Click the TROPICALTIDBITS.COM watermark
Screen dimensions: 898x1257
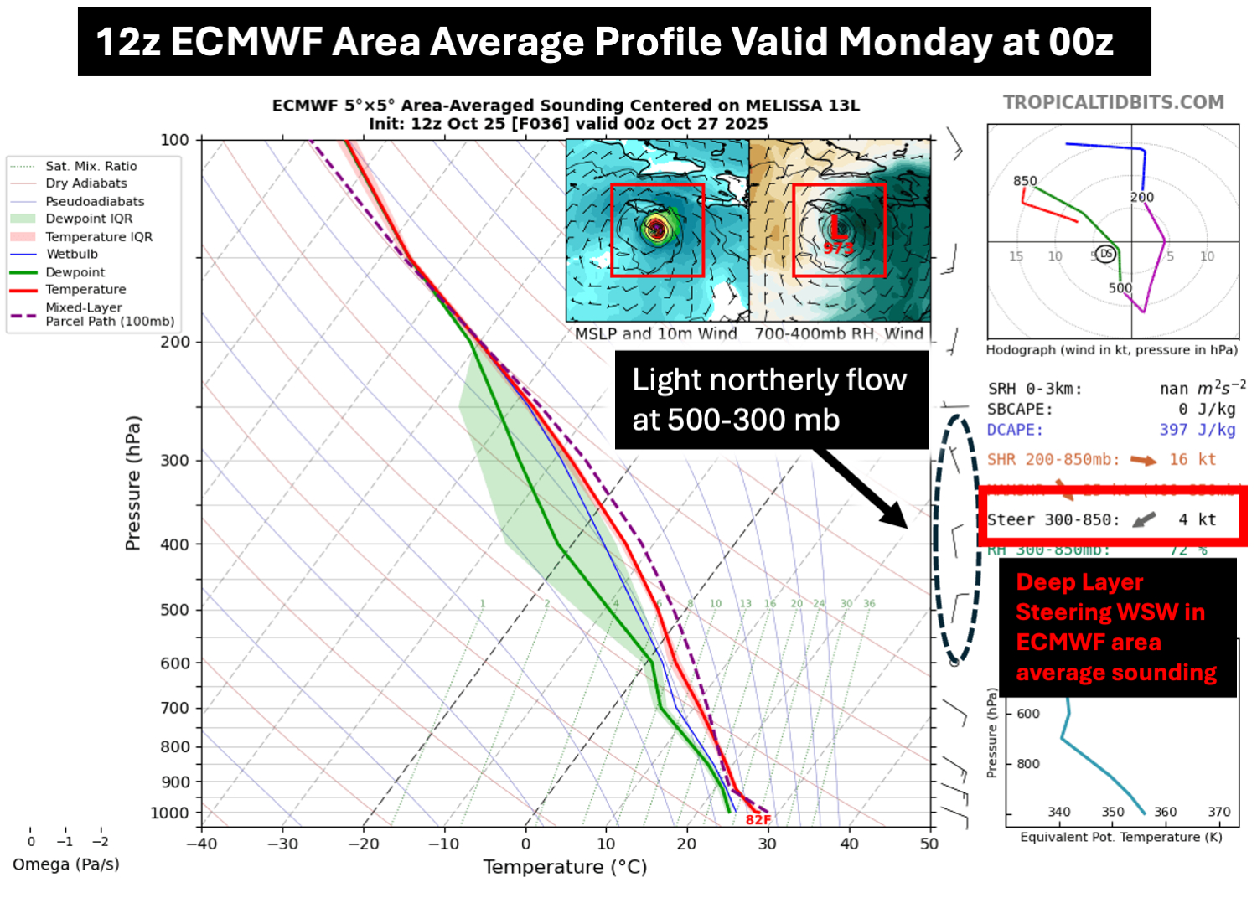(1114, 102)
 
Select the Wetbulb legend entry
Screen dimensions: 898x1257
(71, 254)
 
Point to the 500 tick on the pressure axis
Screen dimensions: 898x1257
(175, 610)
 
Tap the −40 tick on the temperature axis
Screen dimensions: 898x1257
(202, 844)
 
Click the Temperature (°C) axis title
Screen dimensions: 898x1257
(565, 867)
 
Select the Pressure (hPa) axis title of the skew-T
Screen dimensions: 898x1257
(132, 483)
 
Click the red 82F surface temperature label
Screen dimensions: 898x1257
(758, 819)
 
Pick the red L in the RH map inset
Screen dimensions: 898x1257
(837, 226)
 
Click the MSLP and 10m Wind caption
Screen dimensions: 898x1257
(655, 333)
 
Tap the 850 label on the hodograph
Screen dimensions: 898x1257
(1025, 181)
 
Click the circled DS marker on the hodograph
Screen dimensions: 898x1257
(1106, 254)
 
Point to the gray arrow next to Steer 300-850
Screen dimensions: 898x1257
(1144, 520)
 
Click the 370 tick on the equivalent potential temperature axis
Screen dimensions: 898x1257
(1219, 812)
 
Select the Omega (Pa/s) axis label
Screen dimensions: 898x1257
(66, 864)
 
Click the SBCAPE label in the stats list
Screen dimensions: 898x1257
(1019, 410)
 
